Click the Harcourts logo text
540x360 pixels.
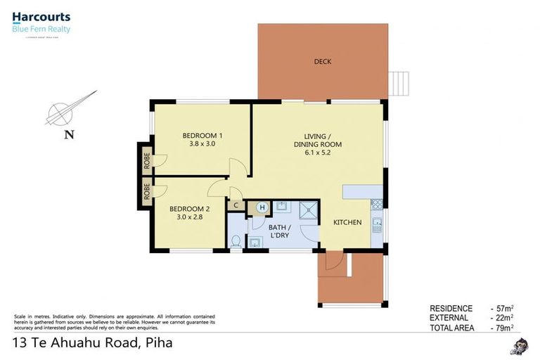41,17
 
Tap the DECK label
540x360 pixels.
322,62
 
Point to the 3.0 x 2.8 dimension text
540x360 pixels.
188,218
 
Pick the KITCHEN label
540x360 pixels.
347,222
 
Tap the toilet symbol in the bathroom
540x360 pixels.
237,241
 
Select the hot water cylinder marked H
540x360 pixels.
262,207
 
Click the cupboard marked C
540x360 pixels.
236,206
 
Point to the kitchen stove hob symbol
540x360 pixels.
376,203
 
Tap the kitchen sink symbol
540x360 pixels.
377,226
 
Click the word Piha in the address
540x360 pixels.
157,343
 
